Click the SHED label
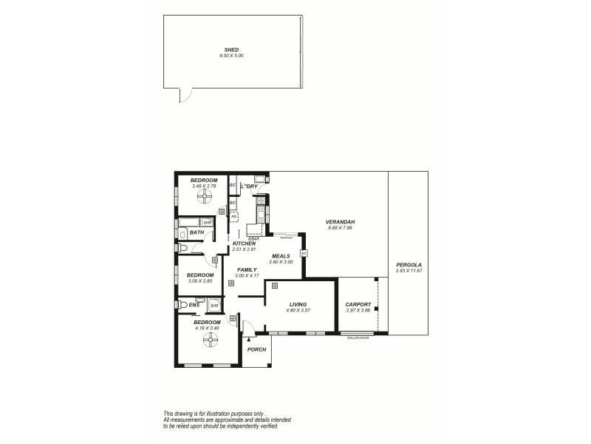point(230,50)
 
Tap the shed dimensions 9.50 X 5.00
point(230,55)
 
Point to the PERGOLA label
point(409,264)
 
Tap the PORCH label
point(256,349)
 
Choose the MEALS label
point(281,256)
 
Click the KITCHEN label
point(244,243)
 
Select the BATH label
point(197,232)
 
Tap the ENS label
point(194,305)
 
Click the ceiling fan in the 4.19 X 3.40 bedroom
point(211,340)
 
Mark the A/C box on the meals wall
point(304,253)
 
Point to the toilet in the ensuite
point(183,304)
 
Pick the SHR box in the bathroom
point(208,221)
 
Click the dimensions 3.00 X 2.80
point(199,281)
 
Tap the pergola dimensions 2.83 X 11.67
point(409,270)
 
